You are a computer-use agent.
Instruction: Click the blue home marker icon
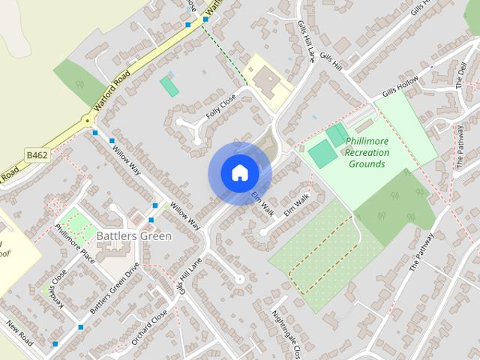point(239,173)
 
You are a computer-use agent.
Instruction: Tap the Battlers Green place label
point(134,235)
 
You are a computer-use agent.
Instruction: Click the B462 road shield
point(37,154)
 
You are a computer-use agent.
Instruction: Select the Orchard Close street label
point(149,327)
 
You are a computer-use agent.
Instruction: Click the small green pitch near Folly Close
point(169,85)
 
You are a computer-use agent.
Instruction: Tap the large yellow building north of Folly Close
point(263,77)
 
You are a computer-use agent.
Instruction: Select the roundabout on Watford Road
point(87,120)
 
